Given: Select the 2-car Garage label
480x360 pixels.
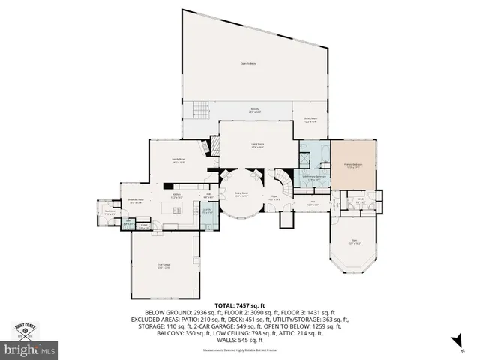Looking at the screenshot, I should coord(164,265).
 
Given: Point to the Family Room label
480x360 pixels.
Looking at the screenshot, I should coord(178,160).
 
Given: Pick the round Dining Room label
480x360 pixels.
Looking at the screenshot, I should coord(241,194).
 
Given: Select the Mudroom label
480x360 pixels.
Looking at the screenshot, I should coord(109,213).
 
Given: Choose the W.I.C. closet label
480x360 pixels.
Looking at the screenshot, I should coord(360,199).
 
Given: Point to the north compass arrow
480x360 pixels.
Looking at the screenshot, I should coord(454,342).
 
